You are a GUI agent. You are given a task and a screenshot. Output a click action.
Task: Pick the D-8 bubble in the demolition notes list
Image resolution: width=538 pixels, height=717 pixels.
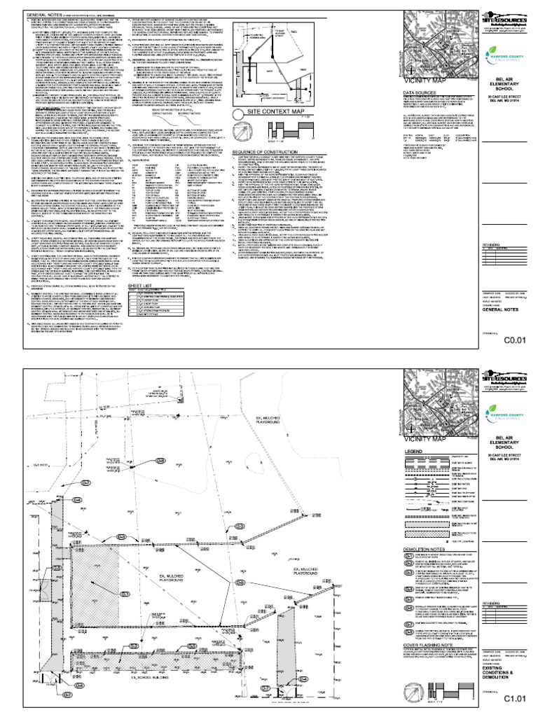[x=408, y=632]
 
